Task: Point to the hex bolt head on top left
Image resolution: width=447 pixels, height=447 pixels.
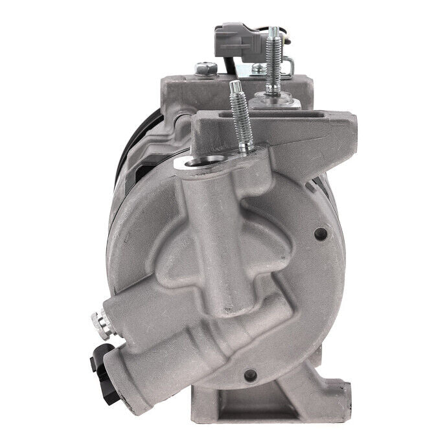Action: pyautogui.click(x=205, y=67)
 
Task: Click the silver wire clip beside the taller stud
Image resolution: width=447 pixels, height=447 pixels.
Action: pyautogui.click(x=289, y=64)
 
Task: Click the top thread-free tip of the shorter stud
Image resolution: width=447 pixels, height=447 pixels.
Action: pyautogui.click(x=234, y=86)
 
